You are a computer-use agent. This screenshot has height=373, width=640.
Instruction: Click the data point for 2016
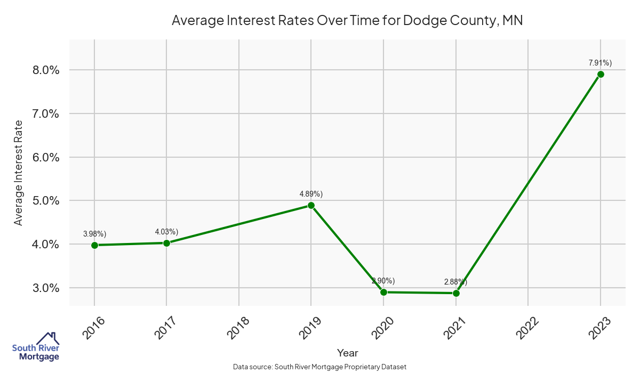[94, 245]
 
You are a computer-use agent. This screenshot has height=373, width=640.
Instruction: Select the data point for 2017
[166, 243]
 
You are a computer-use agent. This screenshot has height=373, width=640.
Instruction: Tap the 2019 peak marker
[311, 206]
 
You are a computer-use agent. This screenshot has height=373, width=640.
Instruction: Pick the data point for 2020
[383, 292]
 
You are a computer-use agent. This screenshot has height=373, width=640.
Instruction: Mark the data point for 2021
[456, 293]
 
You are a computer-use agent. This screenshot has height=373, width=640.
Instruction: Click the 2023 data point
[601, 74]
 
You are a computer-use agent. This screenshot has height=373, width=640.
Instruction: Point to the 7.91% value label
[600, 63]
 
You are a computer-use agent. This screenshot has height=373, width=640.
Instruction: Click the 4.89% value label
[311, 194]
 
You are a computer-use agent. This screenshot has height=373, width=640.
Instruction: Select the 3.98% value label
[94, 234]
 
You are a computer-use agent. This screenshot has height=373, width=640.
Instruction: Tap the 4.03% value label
[166, 232]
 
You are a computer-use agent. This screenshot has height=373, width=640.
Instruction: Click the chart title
[347, 21]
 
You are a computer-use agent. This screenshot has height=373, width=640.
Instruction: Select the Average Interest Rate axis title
[19, 172]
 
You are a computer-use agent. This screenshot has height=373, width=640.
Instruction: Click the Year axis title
[347, 353]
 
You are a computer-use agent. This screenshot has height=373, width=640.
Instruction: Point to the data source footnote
[320, 367]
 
